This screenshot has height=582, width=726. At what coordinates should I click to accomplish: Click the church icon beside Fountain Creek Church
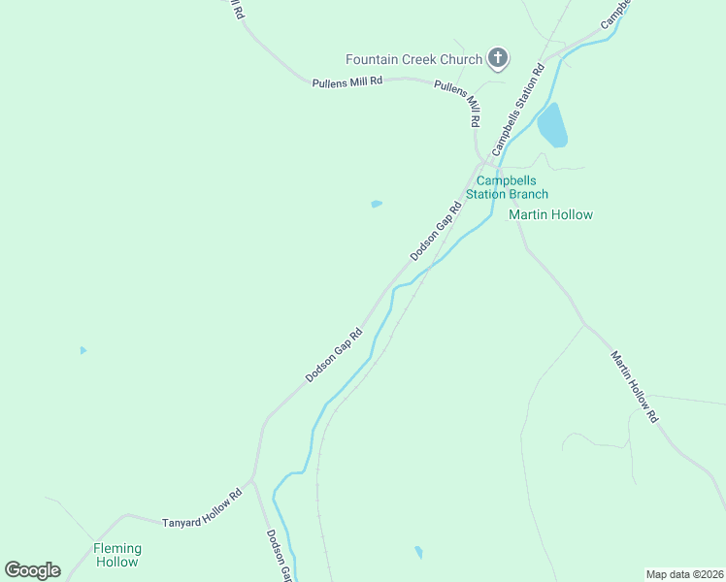497,59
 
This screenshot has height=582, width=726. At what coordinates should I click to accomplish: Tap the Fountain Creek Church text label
414,60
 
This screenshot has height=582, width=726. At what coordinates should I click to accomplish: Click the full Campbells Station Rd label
517,111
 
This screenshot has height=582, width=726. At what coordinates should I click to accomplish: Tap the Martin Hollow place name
550,214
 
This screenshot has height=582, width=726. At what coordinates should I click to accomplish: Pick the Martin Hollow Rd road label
635,387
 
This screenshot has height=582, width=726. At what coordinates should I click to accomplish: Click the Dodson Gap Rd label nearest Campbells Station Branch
436,232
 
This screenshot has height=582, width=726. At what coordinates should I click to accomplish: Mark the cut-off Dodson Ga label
279,556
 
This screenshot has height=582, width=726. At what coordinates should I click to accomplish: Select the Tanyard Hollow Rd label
201,508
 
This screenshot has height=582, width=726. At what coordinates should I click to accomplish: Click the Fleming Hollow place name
116,555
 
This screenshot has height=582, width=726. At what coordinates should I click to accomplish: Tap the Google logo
32,570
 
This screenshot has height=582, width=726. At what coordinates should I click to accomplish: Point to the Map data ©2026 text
684,574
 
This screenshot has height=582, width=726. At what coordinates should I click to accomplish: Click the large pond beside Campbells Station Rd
551,125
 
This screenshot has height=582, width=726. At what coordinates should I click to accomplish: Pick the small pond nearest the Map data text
418,552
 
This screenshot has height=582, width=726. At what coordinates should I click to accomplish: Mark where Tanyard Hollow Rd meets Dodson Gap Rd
252,478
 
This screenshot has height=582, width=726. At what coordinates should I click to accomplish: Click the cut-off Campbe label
616,13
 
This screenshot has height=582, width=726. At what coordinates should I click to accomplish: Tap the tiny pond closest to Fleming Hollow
82,349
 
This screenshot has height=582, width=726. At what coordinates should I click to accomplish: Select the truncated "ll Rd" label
235,11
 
